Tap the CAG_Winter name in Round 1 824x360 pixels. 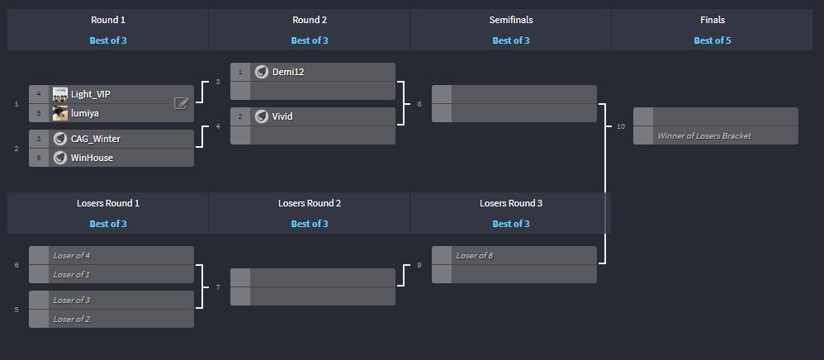click(x=96, y=139)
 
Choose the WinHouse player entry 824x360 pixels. click(x=92, y=158)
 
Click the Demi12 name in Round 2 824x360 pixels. click(x=288, y=72)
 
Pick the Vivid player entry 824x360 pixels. click(x=282, y=116)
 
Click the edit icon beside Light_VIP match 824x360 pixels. click(x=182, y=103)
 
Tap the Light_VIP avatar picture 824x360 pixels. click(x=59, y=94)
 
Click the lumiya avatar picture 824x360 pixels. click(x=59, y=113)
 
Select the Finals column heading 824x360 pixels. click(x=712, y=19)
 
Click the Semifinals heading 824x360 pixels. click(x=510, y=19)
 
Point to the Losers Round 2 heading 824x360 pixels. click(x=310, y=202)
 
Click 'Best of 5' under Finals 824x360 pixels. click(x=712, y=40)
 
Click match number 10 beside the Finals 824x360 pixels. click(x=620, y=126)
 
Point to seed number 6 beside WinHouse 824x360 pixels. click(x=38, y=158)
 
